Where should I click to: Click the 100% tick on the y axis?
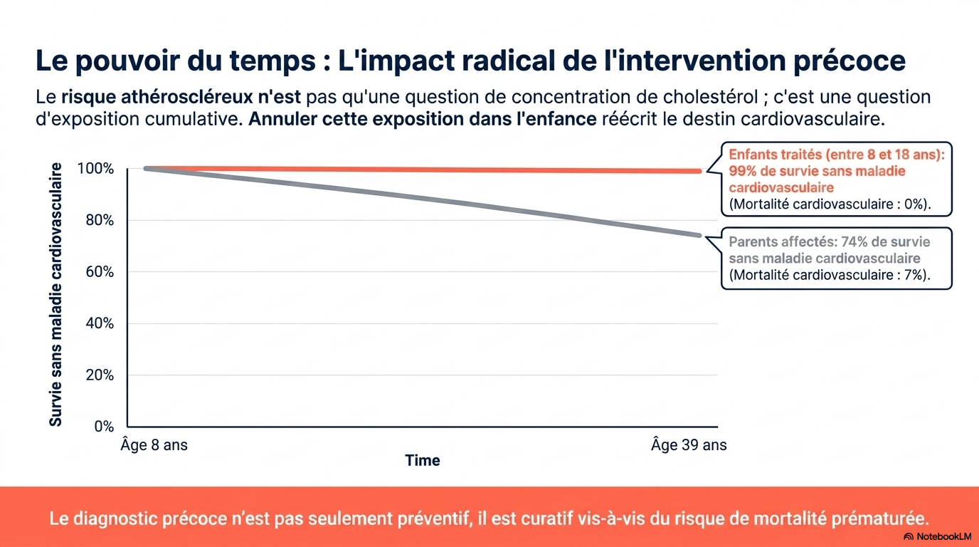95,169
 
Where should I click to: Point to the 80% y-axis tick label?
100,220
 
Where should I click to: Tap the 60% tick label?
100,272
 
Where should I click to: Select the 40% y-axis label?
100,323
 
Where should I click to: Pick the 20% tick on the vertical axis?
100,375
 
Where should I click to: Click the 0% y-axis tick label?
104,426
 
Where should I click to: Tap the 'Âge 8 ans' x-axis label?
154,444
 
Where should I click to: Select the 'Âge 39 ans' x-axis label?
689,444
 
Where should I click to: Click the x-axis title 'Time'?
422,460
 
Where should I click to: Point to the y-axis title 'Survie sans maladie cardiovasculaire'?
55,294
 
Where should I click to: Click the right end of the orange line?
699,172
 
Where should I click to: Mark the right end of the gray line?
699,236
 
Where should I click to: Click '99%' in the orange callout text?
743,171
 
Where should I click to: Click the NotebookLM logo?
938,536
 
